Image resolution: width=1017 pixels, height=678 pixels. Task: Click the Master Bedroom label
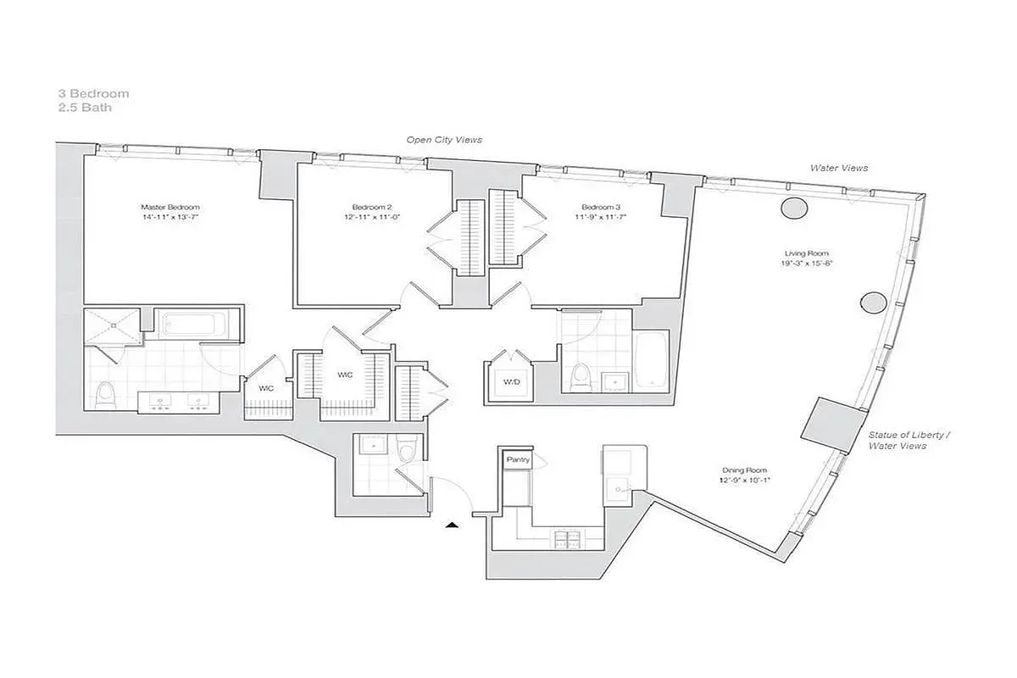click(x=170, y=207)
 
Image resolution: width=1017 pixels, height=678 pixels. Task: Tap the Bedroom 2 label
click(x=372, y=207)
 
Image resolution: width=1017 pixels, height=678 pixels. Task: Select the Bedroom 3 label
click(x=601, y=207)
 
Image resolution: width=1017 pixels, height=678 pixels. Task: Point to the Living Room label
click(x=806, y=253)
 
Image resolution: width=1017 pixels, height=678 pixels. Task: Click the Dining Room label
click(x=745, y=470)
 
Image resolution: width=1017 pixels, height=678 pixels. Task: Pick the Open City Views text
click(x=444, y=140)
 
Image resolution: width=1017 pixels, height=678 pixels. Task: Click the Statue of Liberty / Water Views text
click(x=909, y=440)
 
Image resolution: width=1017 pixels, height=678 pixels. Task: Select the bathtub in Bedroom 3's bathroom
click(x=651, y=360)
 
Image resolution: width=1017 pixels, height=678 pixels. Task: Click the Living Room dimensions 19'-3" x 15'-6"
click(x=806, y=264)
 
